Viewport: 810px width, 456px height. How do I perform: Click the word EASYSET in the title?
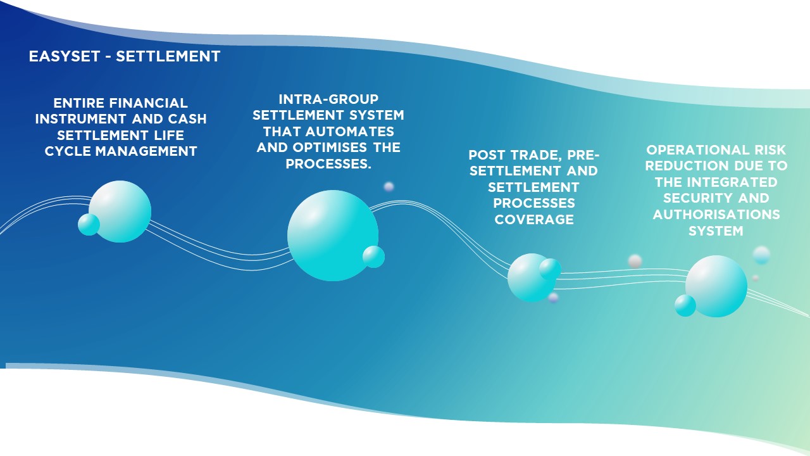(x=65, y=56)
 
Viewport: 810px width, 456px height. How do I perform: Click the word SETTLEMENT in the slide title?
(x=168, y=56)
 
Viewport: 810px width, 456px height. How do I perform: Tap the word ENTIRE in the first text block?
(x=79, y=103)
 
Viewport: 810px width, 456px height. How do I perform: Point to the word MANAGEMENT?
(x=146, y=151)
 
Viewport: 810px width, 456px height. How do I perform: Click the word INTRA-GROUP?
(x=328, y=99)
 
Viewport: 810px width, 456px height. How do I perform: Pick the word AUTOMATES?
(x=350, y=131)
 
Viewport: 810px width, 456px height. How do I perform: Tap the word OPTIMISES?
(x=330, y=148)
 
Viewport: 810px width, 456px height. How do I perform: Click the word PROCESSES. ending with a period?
(x=328, y=164)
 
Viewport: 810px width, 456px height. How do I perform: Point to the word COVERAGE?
(x=534, y=220)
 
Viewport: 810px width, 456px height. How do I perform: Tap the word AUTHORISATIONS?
(x=716, y=215)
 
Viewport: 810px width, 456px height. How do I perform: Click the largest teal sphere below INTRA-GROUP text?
(x=333, y=236)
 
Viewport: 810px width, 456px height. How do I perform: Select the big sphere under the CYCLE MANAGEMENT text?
(x=120, y=212)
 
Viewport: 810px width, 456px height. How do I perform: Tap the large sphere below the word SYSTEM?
(x=716, y=286)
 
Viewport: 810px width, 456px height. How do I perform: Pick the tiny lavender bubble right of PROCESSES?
(x=389, y=187)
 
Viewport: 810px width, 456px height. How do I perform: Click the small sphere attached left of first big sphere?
(x=89, y=224)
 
